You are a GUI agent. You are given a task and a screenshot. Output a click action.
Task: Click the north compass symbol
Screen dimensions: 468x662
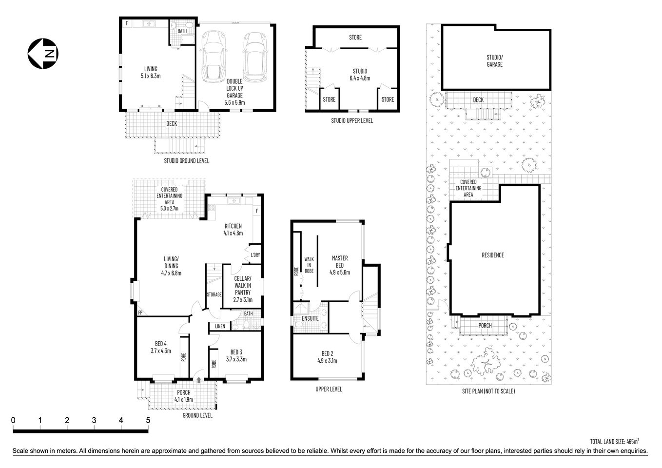click(43, 53)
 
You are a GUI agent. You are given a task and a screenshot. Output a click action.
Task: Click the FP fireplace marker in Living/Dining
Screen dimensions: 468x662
click(140, 312)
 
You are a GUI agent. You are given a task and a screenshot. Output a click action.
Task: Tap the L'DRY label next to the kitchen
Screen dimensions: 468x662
click(255, 255)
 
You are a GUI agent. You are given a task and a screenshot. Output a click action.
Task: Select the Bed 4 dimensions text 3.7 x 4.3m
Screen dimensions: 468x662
click(161, 351)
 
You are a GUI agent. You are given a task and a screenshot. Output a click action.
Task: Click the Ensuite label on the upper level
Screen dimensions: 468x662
click(310, 318)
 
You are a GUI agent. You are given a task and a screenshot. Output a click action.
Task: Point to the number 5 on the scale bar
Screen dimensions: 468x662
click(148, 420)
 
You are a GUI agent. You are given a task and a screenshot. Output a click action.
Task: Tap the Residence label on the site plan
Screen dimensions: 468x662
click(493, 255)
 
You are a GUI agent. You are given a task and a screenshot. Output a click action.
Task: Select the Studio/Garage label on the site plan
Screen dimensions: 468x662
click(494, 61)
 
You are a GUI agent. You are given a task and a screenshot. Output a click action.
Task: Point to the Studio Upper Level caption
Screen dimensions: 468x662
click(351, 120)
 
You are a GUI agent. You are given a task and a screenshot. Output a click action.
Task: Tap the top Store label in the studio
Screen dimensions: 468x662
click(355, 38)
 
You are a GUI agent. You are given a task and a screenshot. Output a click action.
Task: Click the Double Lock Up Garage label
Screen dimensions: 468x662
click(234, 92)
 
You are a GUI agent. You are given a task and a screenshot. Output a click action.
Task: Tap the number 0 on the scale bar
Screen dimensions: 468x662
click(14, 420)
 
